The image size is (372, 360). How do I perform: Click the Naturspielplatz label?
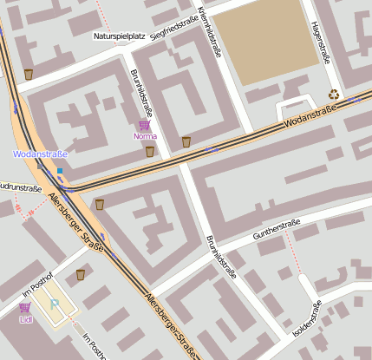coord(119,36)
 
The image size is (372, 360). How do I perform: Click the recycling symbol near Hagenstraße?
coord(334,95)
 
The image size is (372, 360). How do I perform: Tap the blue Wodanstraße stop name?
coord(40,154)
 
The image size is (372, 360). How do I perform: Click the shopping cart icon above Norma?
coord(144,125)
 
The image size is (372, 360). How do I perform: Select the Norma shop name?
coord(144,136)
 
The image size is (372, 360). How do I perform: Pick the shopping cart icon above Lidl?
coord(24,307)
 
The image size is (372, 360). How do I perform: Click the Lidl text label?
coord(24,318)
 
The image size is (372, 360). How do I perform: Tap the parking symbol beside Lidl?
coord(54,304)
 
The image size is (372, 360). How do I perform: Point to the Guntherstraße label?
coord(276,230)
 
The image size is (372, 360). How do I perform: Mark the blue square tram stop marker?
coord(60,170)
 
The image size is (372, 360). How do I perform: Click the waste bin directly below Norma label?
coord(149,151)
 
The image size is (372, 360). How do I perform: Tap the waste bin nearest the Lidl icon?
coord(81,274)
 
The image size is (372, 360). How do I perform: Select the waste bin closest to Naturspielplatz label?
coord(29,75)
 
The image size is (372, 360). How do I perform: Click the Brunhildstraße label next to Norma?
coord(140,94)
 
